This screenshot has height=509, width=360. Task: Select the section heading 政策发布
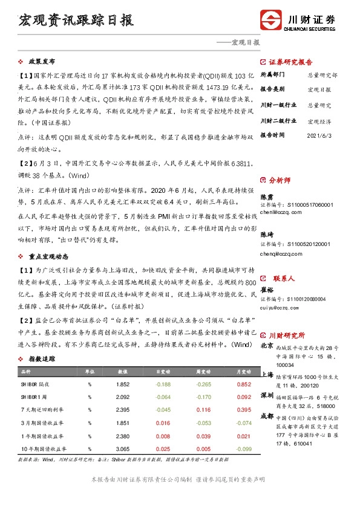41,62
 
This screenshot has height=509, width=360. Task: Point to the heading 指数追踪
41,358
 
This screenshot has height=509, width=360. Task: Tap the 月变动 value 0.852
244,384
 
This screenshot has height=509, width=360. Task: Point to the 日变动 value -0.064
163,397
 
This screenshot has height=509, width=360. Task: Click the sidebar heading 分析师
280,180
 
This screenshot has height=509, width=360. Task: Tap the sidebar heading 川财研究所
287,335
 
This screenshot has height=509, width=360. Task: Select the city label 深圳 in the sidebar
266,395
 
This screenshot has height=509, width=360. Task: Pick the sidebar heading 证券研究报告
290,62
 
